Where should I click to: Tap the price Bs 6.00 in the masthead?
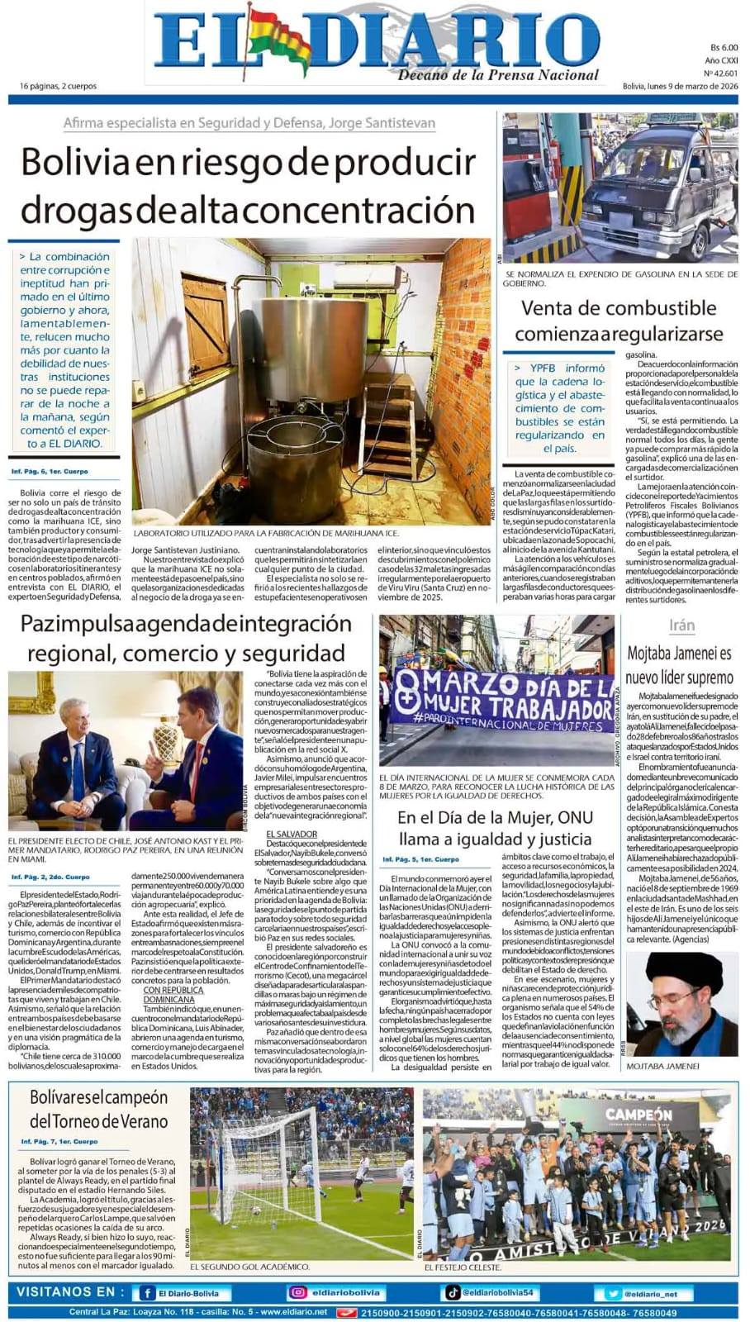tap(723, 48)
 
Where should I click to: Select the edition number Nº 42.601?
tap(721, 73)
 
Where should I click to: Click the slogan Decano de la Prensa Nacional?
tap(498, 75)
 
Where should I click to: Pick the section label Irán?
tap(681, 625)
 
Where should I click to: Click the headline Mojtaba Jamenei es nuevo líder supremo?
tap(679, 665)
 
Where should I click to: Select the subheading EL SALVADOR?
tap(287, 834)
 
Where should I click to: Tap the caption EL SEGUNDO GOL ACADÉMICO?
tap(249, 1266)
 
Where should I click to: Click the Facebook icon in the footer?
tap(147, 1293)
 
